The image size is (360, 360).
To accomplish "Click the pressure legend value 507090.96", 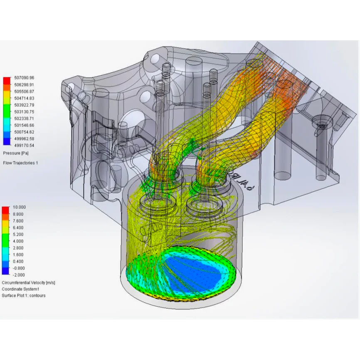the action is (x=24, y=78).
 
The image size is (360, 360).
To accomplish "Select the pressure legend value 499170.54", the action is (x=24, y=145).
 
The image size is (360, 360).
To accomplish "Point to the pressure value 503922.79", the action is (x=24, y=105).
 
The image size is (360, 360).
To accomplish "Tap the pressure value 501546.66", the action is (x=24, y=125).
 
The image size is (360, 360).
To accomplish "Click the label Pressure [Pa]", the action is (x=16, y=153).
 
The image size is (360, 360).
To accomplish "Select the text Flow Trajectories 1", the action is (x=20, y=163).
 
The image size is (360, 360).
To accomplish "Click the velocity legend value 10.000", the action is (x=19, y=207).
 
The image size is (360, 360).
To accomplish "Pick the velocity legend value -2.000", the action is (x=19, y=275).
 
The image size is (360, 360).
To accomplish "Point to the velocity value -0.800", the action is (x=19, y=268).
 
